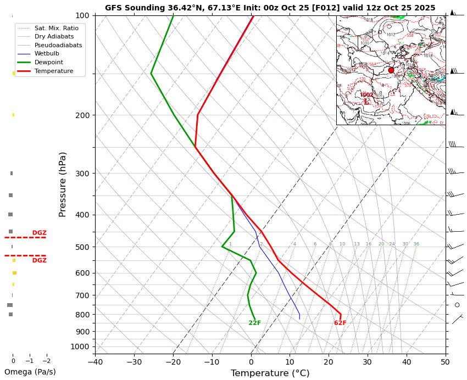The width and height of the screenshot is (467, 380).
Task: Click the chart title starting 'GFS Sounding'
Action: click(270, 8)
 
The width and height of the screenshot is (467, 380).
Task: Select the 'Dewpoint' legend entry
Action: click(53, 62)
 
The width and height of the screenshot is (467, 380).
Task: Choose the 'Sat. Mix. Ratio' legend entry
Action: click(56, 28)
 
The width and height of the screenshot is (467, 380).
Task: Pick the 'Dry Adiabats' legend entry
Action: click(53, 37)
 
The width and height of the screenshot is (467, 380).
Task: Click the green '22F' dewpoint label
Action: click(254, 323)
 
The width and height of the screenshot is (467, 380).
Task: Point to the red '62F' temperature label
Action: click(340, 323)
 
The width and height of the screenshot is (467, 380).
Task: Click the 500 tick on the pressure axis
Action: click(82, 247)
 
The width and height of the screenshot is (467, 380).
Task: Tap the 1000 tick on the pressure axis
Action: click(80, 347)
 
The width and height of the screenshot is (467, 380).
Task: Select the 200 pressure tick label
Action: click(82, 115)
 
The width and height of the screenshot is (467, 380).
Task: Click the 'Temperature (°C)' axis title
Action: click(270, 373)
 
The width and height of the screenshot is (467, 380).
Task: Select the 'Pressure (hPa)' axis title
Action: click(63, 184)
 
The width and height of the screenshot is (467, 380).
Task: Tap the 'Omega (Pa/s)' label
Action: click(30, 372)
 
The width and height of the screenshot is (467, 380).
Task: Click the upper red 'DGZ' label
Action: click(39, 233)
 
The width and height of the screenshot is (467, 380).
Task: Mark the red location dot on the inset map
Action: click(391, 70)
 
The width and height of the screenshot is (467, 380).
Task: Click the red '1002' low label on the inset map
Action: click(366, 95)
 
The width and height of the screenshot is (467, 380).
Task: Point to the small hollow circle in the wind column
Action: click(457, 305)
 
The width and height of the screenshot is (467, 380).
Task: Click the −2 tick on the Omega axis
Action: click(47, 361)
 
